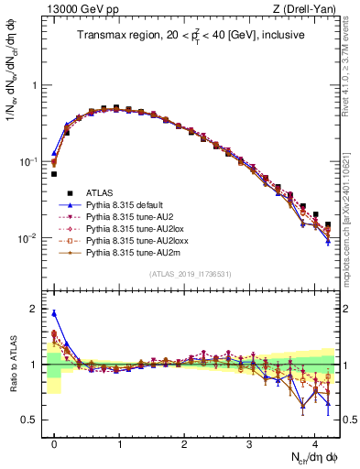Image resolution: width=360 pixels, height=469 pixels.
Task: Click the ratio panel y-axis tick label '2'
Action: coord(34,310)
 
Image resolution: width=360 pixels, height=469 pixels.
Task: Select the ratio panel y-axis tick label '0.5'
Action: coord(30,420)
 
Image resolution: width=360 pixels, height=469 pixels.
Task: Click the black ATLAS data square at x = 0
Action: coord(54,174)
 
